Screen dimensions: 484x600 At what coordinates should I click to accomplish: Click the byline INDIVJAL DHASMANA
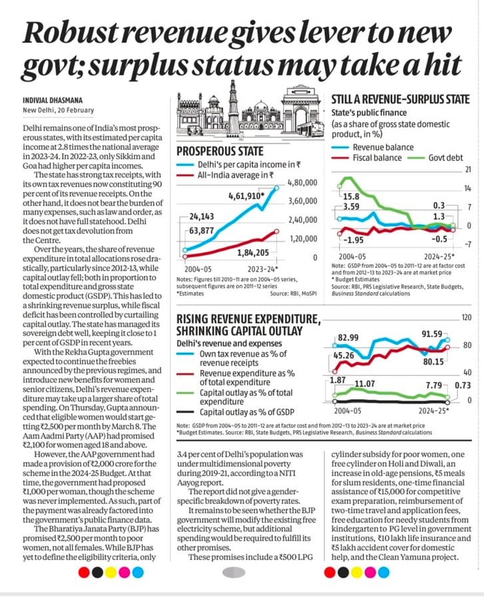pyautogui.click(x=53, y=100)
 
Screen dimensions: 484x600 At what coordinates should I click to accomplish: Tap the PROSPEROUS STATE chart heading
pyautogui.click(x=220, y=151)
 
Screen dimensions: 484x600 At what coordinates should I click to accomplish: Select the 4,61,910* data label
pyautogui.click(x=246, y=196)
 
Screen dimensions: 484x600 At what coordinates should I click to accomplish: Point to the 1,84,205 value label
pyautogui.click(x=253, y=253)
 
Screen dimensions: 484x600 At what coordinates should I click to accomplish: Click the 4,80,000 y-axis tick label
pyautogui.click(x=302, y=183)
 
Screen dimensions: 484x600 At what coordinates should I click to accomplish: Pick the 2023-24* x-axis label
pyautogui.click(x=263, y=269)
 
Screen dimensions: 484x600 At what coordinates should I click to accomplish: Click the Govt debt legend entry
pyautogui.click(x=435, y=157)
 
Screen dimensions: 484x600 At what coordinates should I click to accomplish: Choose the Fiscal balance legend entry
pyautogui.click(x=367, y=157)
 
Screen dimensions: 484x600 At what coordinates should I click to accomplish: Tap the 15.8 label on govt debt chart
pyautogui.click(x=351, y=197)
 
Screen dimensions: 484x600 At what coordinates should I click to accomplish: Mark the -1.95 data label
pyautogui.click(x=354, y=240)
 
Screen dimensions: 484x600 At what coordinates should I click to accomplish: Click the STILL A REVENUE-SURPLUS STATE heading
pyautogui.click(x=400, y=99)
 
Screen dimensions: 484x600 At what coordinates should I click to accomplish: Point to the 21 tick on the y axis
pyautogui.click(x=467, y=169)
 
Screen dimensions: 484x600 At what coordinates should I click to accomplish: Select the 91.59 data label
pyautogui.click(x=431, y=334)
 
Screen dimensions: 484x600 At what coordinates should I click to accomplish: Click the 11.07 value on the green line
pyautogui.click(x=365, y=383)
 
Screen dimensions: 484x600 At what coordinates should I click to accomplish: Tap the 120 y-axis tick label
pyautogui.click(x=467, y=317)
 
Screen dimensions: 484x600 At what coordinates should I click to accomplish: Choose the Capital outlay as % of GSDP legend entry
pyautogui.click(x=235, y=412)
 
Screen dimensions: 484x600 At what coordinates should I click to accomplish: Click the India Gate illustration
pyautogui.click(x=301, y=109)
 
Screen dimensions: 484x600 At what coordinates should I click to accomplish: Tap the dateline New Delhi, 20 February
pyautogui.click(x=58, y=110)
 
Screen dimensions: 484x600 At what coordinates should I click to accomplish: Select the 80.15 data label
pyautogui.click(x=433, y=361)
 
